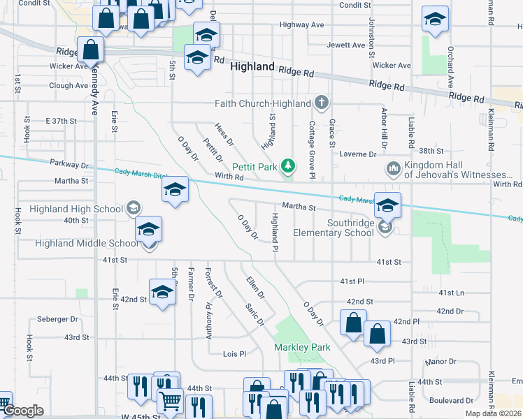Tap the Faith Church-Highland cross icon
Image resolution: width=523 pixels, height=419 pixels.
322,103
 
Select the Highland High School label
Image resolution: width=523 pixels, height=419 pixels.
76,209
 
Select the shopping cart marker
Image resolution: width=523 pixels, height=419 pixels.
170,402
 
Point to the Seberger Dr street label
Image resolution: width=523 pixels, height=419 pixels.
58,319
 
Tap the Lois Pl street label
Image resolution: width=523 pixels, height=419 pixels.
234,354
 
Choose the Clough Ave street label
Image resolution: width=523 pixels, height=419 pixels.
69,86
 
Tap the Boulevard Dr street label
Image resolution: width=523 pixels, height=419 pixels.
451,401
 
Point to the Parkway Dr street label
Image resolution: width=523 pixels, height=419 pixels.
70,164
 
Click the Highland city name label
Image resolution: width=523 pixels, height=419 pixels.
252,66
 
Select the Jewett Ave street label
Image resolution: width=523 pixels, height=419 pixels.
346,45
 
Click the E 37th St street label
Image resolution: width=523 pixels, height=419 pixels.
61,121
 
